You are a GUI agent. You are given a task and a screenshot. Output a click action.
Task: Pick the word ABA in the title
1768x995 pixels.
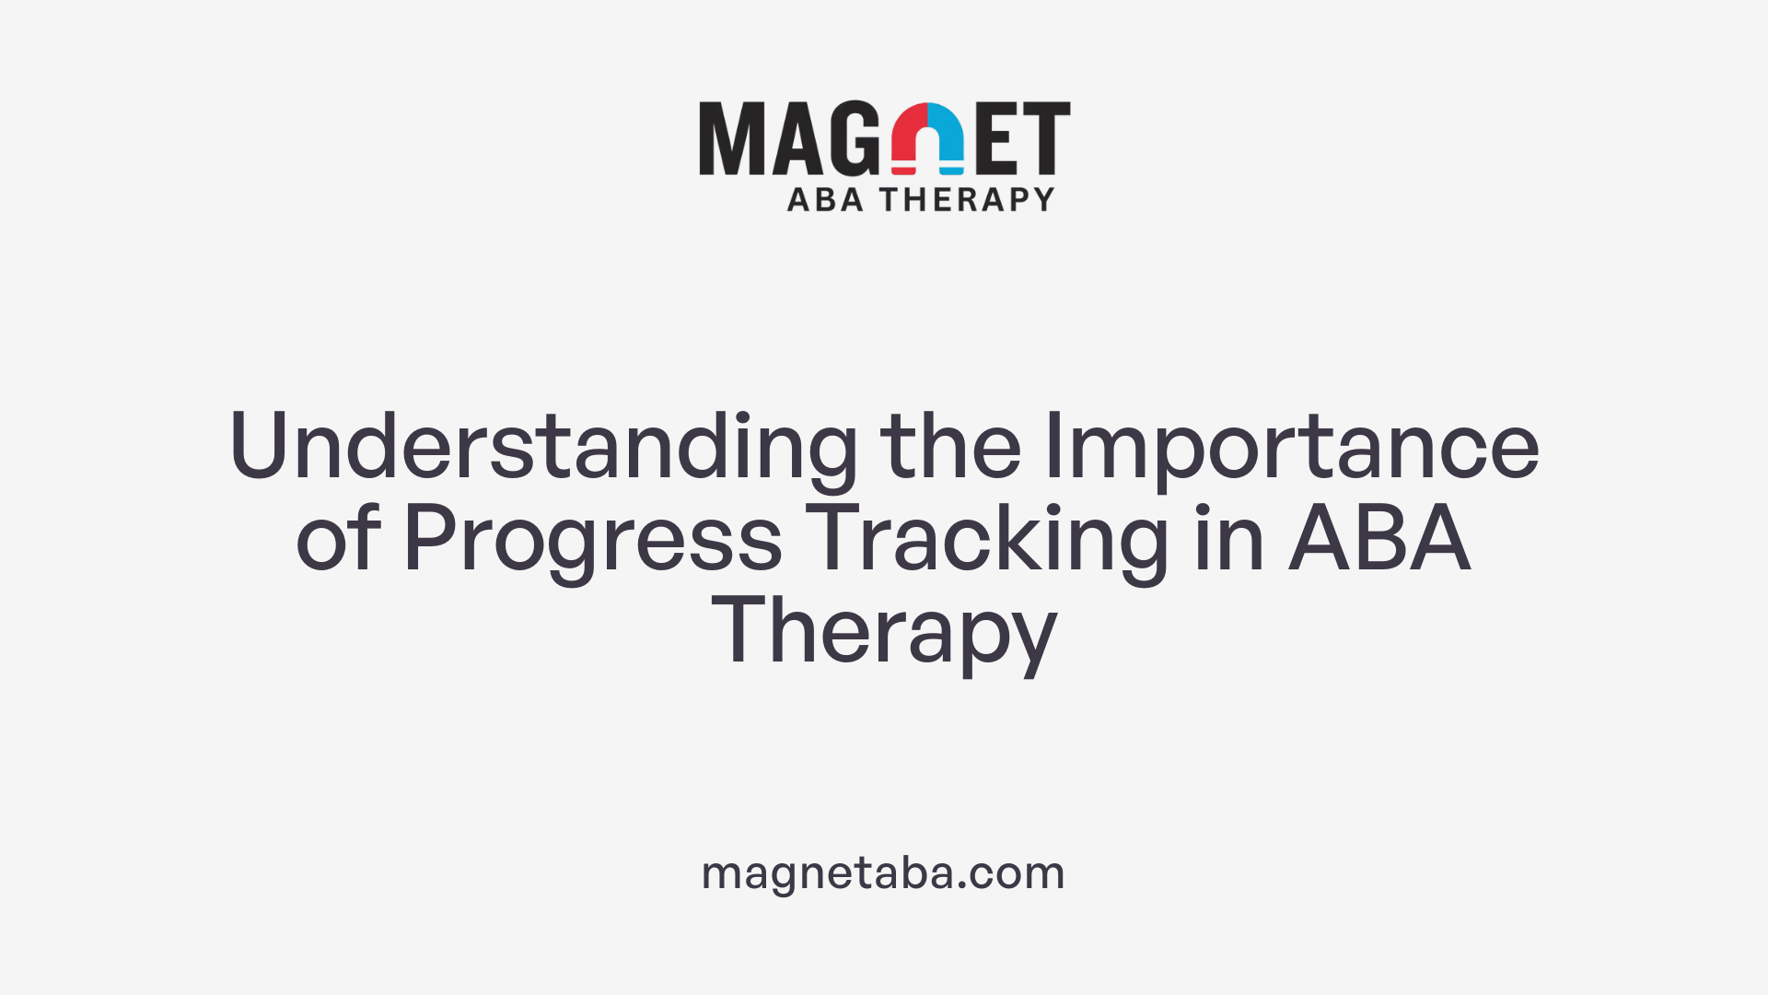pos(1378,539)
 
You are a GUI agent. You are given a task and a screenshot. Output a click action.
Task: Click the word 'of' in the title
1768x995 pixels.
pos(337,539)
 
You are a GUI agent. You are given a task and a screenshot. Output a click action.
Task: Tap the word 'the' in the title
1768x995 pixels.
pos(950,447)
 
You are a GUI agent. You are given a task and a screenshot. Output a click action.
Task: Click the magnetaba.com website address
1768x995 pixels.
pos(883,872)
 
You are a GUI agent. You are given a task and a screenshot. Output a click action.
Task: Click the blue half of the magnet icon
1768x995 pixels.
pos(947,138)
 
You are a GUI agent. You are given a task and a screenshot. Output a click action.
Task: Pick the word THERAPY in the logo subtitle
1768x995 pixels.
pos(967,199)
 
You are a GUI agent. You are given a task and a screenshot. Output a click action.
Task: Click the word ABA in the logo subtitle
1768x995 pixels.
pos(825,199)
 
